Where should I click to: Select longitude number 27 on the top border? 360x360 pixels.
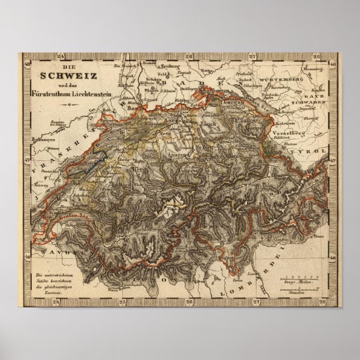coord(252,56)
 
